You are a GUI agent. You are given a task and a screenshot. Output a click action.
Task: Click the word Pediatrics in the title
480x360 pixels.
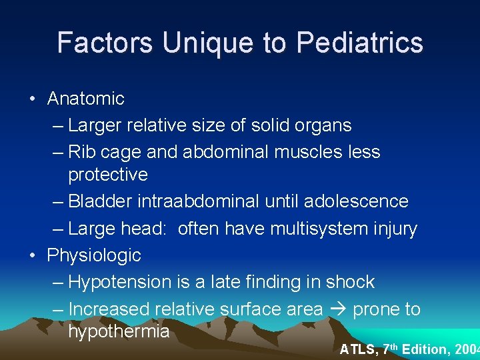[360, 43]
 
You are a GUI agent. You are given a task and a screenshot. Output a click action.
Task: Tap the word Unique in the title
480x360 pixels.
[209, 43]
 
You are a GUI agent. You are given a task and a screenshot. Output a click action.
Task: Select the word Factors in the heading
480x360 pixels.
[105, 43]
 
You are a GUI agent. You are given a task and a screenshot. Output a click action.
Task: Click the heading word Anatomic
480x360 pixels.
[85, 99]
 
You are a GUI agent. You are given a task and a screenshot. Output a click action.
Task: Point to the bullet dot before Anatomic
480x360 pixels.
[31, 99]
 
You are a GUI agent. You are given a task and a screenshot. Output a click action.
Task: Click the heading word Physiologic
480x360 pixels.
[94, 255]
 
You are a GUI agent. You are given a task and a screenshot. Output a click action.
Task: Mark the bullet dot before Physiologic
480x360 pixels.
[31, 255]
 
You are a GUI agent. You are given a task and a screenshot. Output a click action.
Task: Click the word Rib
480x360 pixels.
[82, 152]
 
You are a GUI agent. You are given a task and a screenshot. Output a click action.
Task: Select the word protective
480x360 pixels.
[108, 175]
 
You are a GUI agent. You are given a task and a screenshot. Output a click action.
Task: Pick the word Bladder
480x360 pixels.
[100, 201]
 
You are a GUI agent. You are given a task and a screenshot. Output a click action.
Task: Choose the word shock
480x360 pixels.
[350, 282]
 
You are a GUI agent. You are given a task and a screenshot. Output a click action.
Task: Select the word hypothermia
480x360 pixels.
[119, 331]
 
